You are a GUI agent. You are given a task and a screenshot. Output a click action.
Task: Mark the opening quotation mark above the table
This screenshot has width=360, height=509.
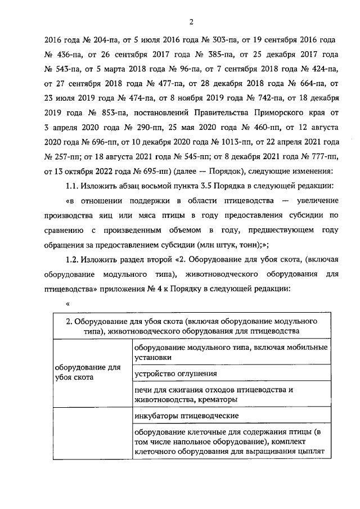(67, 305)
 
